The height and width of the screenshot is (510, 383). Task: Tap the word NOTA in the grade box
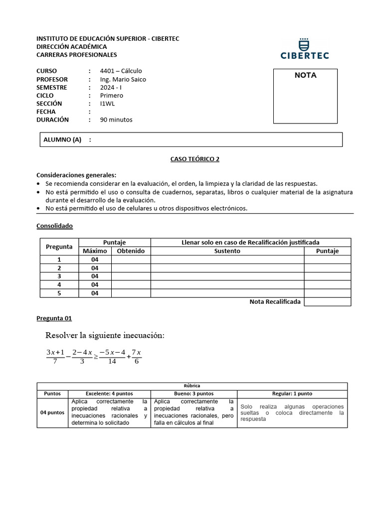point(305,76)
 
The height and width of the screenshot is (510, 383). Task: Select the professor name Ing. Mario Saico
point(123,79)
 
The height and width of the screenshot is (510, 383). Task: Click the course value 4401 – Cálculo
point(121,71)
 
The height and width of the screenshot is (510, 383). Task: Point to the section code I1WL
point(107,104)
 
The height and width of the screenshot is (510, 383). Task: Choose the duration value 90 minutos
point(116,120)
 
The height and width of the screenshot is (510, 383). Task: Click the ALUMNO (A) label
point(62,140)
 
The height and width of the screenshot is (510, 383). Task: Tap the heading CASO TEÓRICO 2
point(191,159)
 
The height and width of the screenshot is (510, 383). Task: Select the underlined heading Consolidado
point(55,226)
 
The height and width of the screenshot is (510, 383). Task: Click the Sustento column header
point(227,251)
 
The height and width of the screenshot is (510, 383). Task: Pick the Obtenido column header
point(131,251)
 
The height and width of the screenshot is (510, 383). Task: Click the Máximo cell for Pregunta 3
point(95,276)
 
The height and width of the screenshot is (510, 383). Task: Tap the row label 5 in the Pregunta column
point(59,293)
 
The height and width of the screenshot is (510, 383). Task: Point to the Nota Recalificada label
point(275,302)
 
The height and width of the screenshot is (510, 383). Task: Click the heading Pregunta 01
point(54,318)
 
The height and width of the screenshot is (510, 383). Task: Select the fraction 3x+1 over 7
point(55,356)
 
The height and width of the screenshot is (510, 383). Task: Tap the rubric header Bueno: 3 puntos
point(193,393)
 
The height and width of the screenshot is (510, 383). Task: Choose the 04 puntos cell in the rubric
point(52,412)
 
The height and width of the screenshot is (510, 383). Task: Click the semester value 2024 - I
point(111,87)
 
